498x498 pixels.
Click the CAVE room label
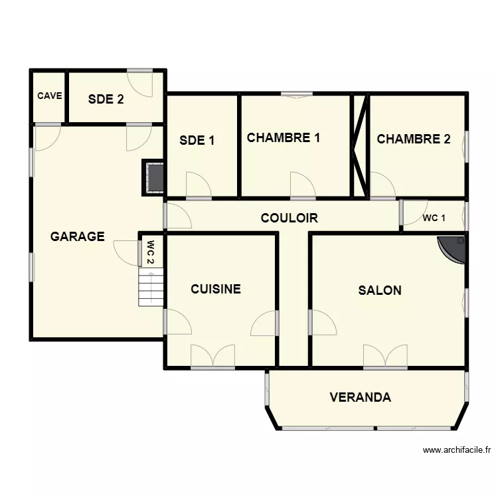[x=49, y=96]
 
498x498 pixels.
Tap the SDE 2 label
[x=106, y=100]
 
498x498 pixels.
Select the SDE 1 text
[x=197, y=140]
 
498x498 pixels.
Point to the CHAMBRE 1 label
[x=284, y=138]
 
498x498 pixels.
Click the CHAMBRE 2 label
[x=413, y=139]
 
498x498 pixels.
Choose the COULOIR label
[x=289, y=218]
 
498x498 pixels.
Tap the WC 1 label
[x=434, y=218]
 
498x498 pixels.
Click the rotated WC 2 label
[x=151, y=251]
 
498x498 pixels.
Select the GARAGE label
[x=78, y=236]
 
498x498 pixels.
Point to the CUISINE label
[x=215, y=289]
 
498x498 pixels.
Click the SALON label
[x=379, y=290]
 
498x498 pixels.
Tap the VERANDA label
[x=360, y=398]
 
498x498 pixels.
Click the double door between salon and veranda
[x=385, y=357]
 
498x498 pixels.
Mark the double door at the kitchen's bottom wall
[x=212, y=357]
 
